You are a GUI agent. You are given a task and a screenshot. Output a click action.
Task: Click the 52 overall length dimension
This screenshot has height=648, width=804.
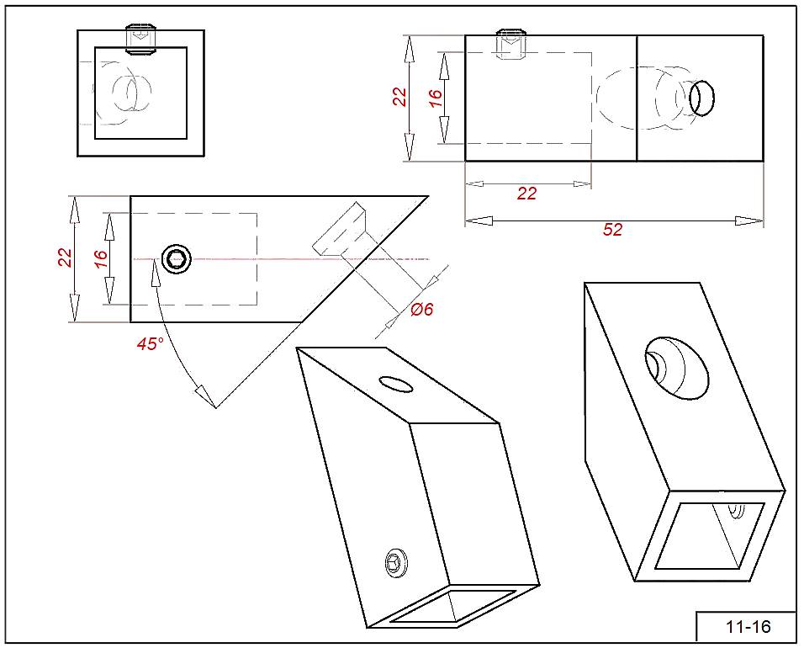(x=613, y=230)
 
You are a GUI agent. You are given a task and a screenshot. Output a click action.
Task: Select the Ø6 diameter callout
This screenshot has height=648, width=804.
(x=422, y=310)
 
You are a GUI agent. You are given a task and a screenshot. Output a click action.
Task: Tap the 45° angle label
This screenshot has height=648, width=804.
(x=150, y=343)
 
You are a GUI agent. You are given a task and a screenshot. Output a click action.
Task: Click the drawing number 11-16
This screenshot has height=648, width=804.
(x=747, y=627)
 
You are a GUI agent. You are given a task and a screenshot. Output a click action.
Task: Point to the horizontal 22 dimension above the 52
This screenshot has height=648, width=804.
(x=526, y=194)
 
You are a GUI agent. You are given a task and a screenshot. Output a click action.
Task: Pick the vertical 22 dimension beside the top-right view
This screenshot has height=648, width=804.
(x=400, y=97)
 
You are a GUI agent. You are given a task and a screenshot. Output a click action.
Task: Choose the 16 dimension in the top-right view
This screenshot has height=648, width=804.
(x=436, y=97)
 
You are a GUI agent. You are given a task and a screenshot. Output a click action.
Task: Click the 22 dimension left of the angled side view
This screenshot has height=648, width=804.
(x=66, y=258)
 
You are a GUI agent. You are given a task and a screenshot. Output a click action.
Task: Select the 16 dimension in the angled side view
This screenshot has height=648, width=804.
(x=101, y=258)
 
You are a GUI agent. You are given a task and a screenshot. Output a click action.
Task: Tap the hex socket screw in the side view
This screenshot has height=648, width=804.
(x=177, y=259)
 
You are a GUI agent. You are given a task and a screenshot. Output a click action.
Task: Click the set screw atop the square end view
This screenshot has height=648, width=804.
(x=141, y=40)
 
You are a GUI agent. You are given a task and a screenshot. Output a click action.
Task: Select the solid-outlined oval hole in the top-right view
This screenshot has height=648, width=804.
(x=701, y=98)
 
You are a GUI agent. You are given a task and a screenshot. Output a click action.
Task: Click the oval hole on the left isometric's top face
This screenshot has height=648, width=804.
(x=396, y=384)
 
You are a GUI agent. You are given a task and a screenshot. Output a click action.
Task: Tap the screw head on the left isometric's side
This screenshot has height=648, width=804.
(x=396, y=562)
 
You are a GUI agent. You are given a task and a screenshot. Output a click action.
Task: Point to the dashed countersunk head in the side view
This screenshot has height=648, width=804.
(x=341, y=229)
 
